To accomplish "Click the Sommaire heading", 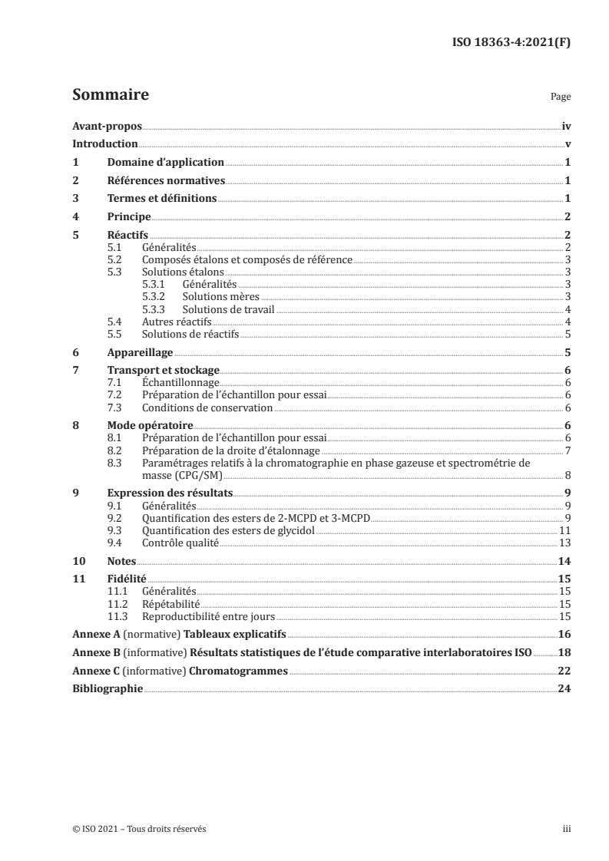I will (111, 96).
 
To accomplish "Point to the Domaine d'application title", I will (165, 163).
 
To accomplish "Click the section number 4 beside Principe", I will (75, 217).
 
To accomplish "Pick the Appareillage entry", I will (140, 353).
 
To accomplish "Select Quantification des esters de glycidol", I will (229, 530).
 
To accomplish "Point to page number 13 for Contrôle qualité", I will (565, 543).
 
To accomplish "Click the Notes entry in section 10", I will (121, 561).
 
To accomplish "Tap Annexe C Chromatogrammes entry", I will (180, 671).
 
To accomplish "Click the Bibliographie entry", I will (108, 689).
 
